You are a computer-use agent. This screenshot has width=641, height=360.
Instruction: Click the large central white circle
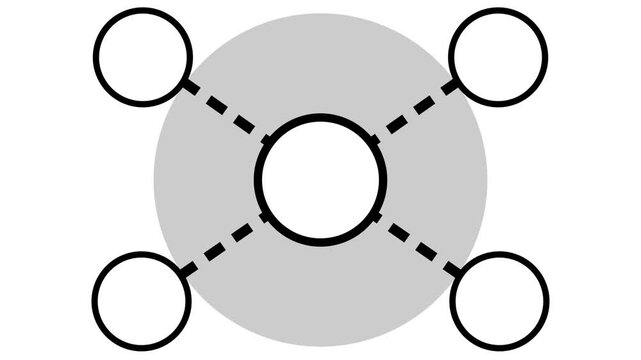coord(320,178)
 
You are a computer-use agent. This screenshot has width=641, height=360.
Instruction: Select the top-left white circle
coord(142,56)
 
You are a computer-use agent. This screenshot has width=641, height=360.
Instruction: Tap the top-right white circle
coord(498,56)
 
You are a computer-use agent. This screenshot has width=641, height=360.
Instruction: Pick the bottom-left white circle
coord(142,299)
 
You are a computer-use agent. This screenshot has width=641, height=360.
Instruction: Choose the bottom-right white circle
coord(498,299)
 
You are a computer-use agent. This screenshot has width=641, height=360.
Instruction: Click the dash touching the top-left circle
coord(190,87)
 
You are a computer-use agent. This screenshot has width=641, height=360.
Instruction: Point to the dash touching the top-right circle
coord(450,87)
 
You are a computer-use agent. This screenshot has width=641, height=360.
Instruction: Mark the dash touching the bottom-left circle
coord(188,267)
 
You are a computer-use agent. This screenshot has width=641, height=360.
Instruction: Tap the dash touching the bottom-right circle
coord(452,267)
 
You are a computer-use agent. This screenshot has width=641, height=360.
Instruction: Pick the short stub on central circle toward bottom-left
coord(264,217)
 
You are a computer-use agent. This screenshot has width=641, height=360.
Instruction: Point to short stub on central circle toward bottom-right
coord(377,216)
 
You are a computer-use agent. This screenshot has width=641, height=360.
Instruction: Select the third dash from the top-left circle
coord(242,122)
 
